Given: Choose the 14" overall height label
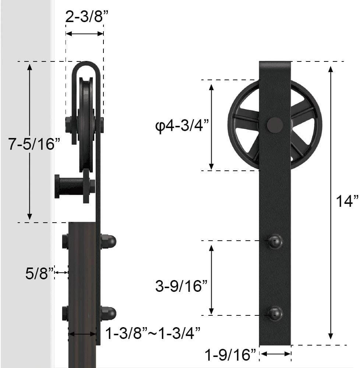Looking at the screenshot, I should (x=347, y=201).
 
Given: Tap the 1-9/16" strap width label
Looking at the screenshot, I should (x=230, y=355).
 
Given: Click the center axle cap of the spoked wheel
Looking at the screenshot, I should (x=275, y=125).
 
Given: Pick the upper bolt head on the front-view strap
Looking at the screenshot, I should (x=275, y=241).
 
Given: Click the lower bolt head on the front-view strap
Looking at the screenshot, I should (x=275, y=314).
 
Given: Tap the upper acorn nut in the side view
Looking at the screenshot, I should (x=109, y=241).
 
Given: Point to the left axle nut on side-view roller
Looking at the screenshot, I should (x=69, y=125).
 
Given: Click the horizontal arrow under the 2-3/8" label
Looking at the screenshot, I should (x=84, y=33).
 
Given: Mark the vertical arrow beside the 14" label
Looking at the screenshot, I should (x=331, y=202).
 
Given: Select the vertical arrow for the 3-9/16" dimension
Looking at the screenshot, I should (x=211, y=279).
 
